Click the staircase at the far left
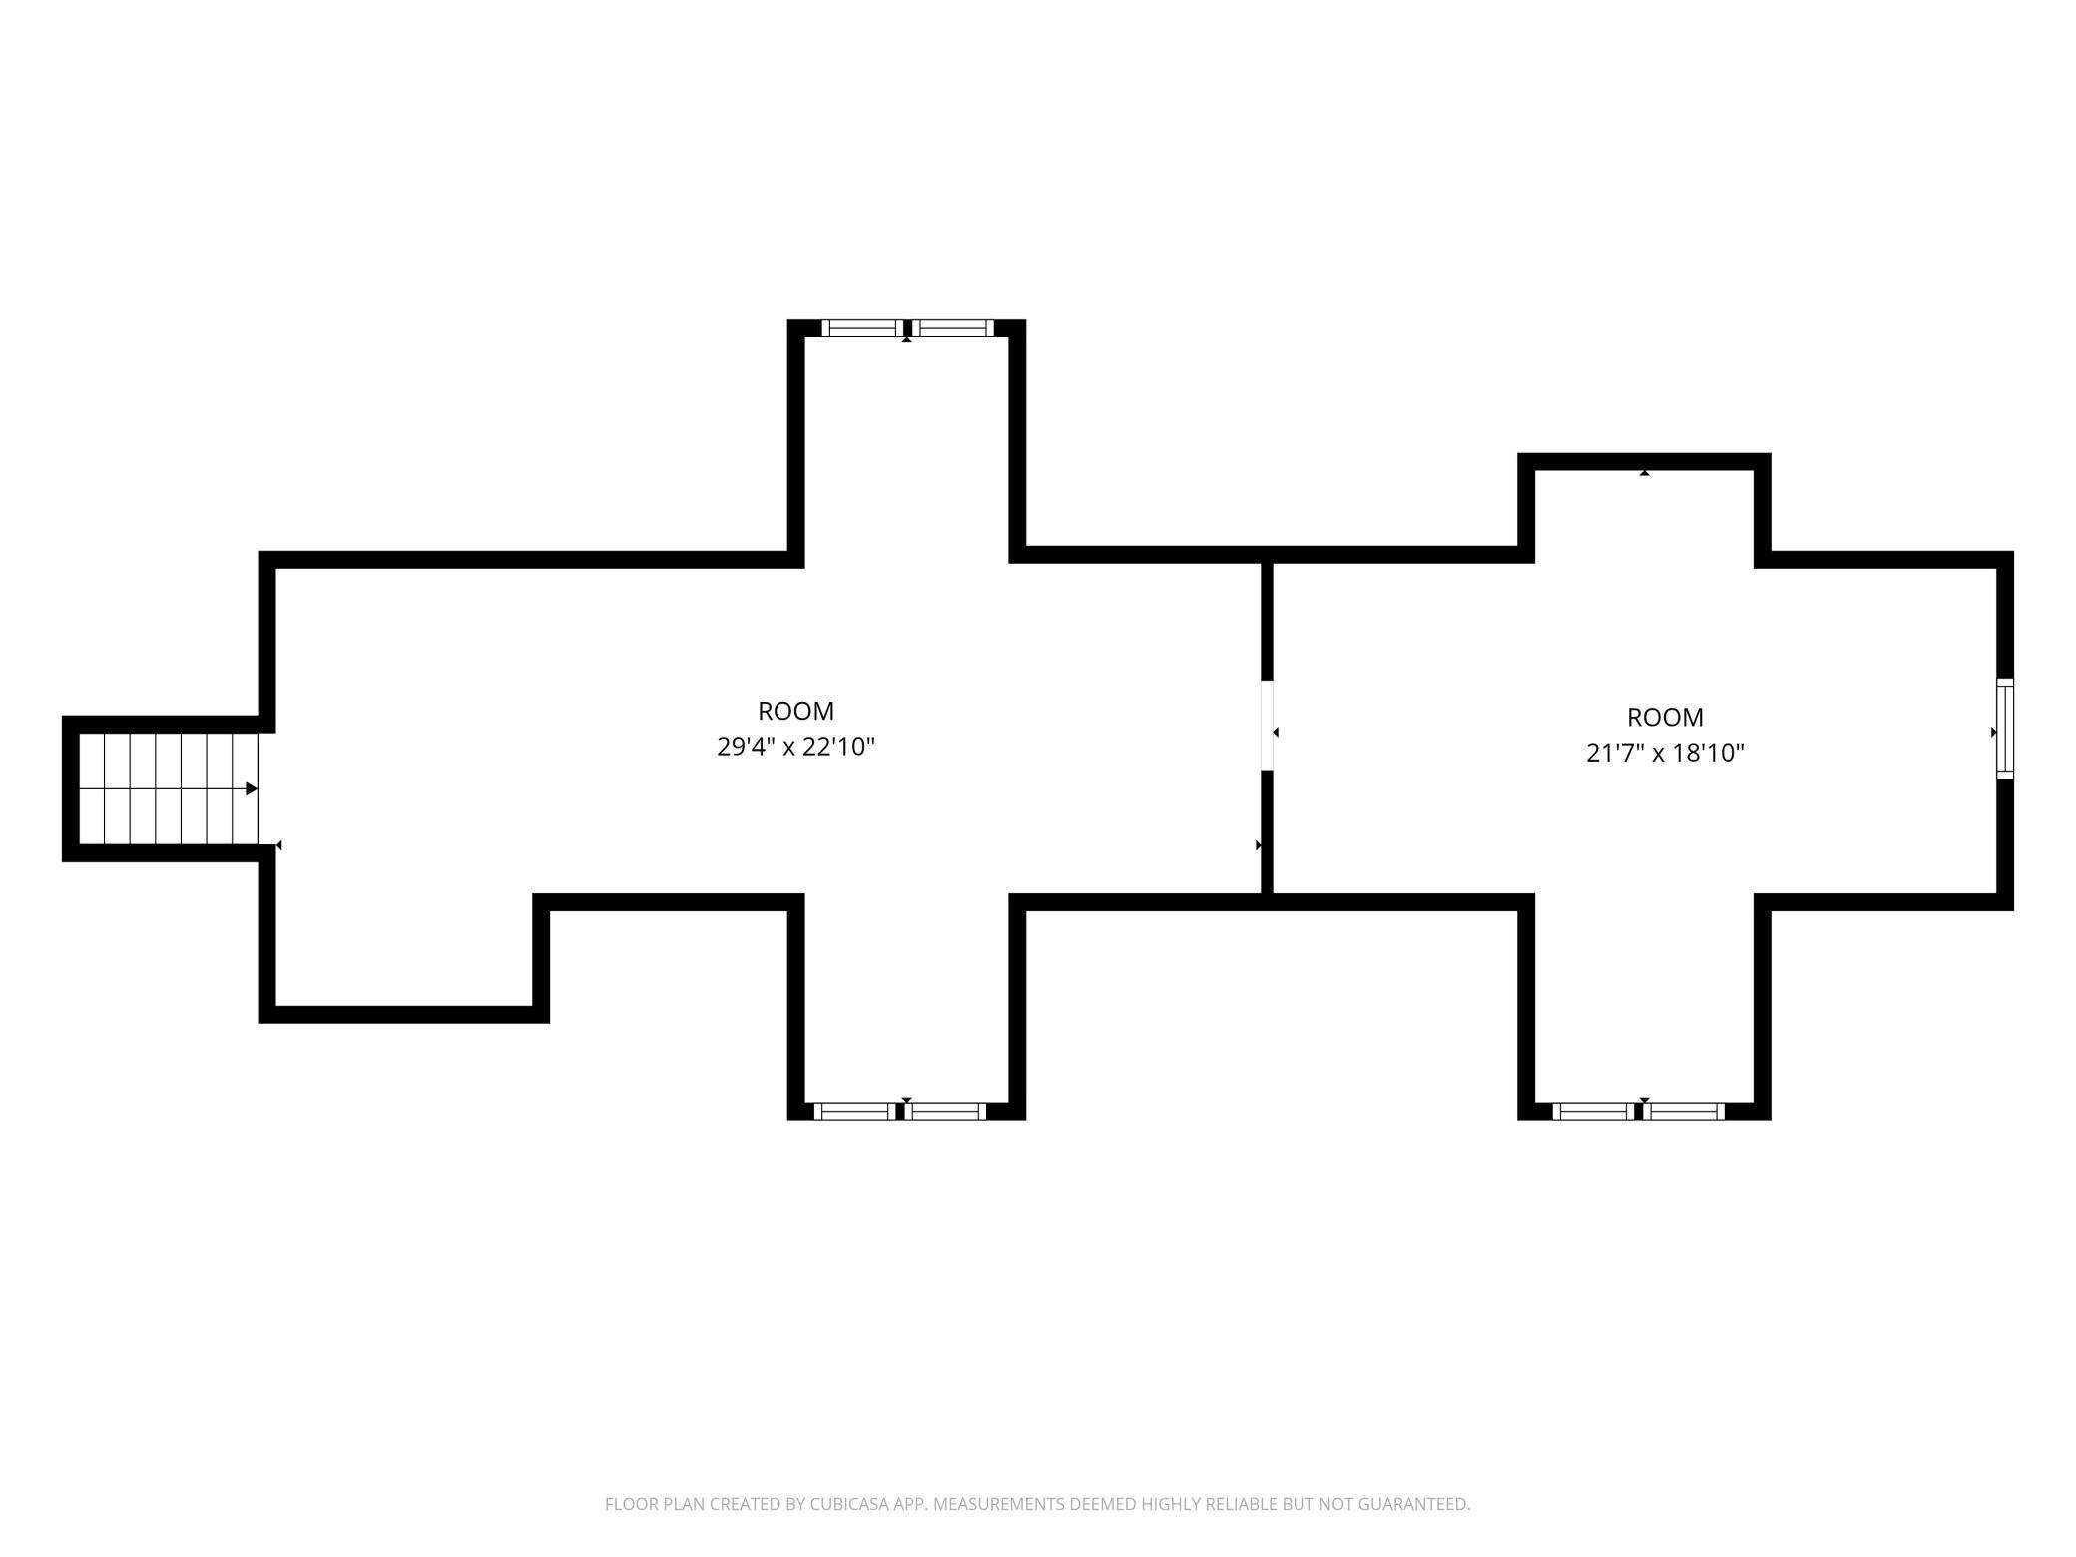[168, 788]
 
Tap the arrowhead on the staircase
[252, 789]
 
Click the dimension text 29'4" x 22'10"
[795, 747]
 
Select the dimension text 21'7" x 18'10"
[1665, 753]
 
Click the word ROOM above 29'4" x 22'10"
[795, 711]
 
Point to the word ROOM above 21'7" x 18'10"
[1665, 717]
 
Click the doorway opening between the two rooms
[1268, 725]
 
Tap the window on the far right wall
[2005, 729]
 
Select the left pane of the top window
[862, 328]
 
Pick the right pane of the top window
[952, 328]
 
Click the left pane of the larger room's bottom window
[854, 1111]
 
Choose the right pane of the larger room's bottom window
[945, 1111]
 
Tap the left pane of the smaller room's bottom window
[1593, 1111]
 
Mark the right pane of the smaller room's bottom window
[1684, 1111]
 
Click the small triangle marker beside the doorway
[1276, 733]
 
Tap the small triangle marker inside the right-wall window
[1994, 732]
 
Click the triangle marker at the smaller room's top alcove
[1644, 473]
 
